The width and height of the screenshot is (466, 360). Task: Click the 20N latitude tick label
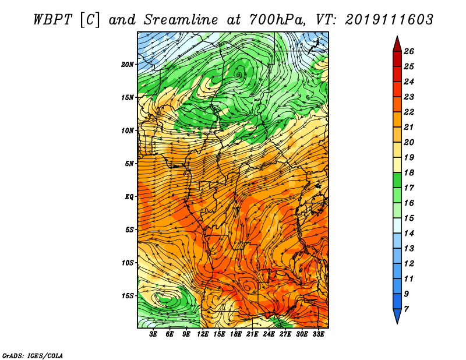pyautogui.click(x=128, y=65)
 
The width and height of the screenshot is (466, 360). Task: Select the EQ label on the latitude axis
pyautogui.click(x=129, y=197)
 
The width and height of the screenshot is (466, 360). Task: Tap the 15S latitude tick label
pyautogui.click(x=128, y=296)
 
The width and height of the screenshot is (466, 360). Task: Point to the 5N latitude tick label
pyautogui.click(x=129, y=164)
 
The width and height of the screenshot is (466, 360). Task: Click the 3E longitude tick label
pyautogui.click(x=153, y=334)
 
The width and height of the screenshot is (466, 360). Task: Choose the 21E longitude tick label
pyautogui.click(x=252, y=334)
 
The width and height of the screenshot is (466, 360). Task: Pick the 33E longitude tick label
pyautogui.click(x=318, y=334)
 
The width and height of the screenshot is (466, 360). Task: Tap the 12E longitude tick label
pyautogui.click(x=203, y=334)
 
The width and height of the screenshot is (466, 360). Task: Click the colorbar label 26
pyautogui.click(x=409, y=51)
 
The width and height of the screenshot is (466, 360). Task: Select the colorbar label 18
pyautogui.click(x=409, y=172)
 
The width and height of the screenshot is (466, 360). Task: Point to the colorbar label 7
pyautogui.click(x=406, y=309)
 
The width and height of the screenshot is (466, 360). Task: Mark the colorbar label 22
pyautogui.click(x=409, y=112)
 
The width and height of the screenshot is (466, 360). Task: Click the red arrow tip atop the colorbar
pyautogui.click(x=397, y=37)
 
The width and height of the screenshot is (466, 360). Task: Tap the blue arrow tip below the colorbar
pyautogui.click(x=397, y=323)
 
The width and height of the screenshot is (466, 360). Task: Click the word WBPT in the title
pyautogui.click(x=52, y=20)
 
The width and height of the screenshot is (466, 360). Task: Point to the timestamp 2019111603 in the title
pyautogui.click(x=389, y=20)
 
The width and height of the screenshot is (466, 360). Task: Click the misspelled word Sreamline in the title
pyautogui.click(x=181, y=20)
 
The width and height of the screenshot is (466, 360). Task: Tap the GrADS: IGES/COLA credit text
pyautogui.click(x=33, y=355)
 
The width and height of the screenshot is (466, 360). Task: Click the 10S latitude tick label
pyautogui.click(x=128, y=263)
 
